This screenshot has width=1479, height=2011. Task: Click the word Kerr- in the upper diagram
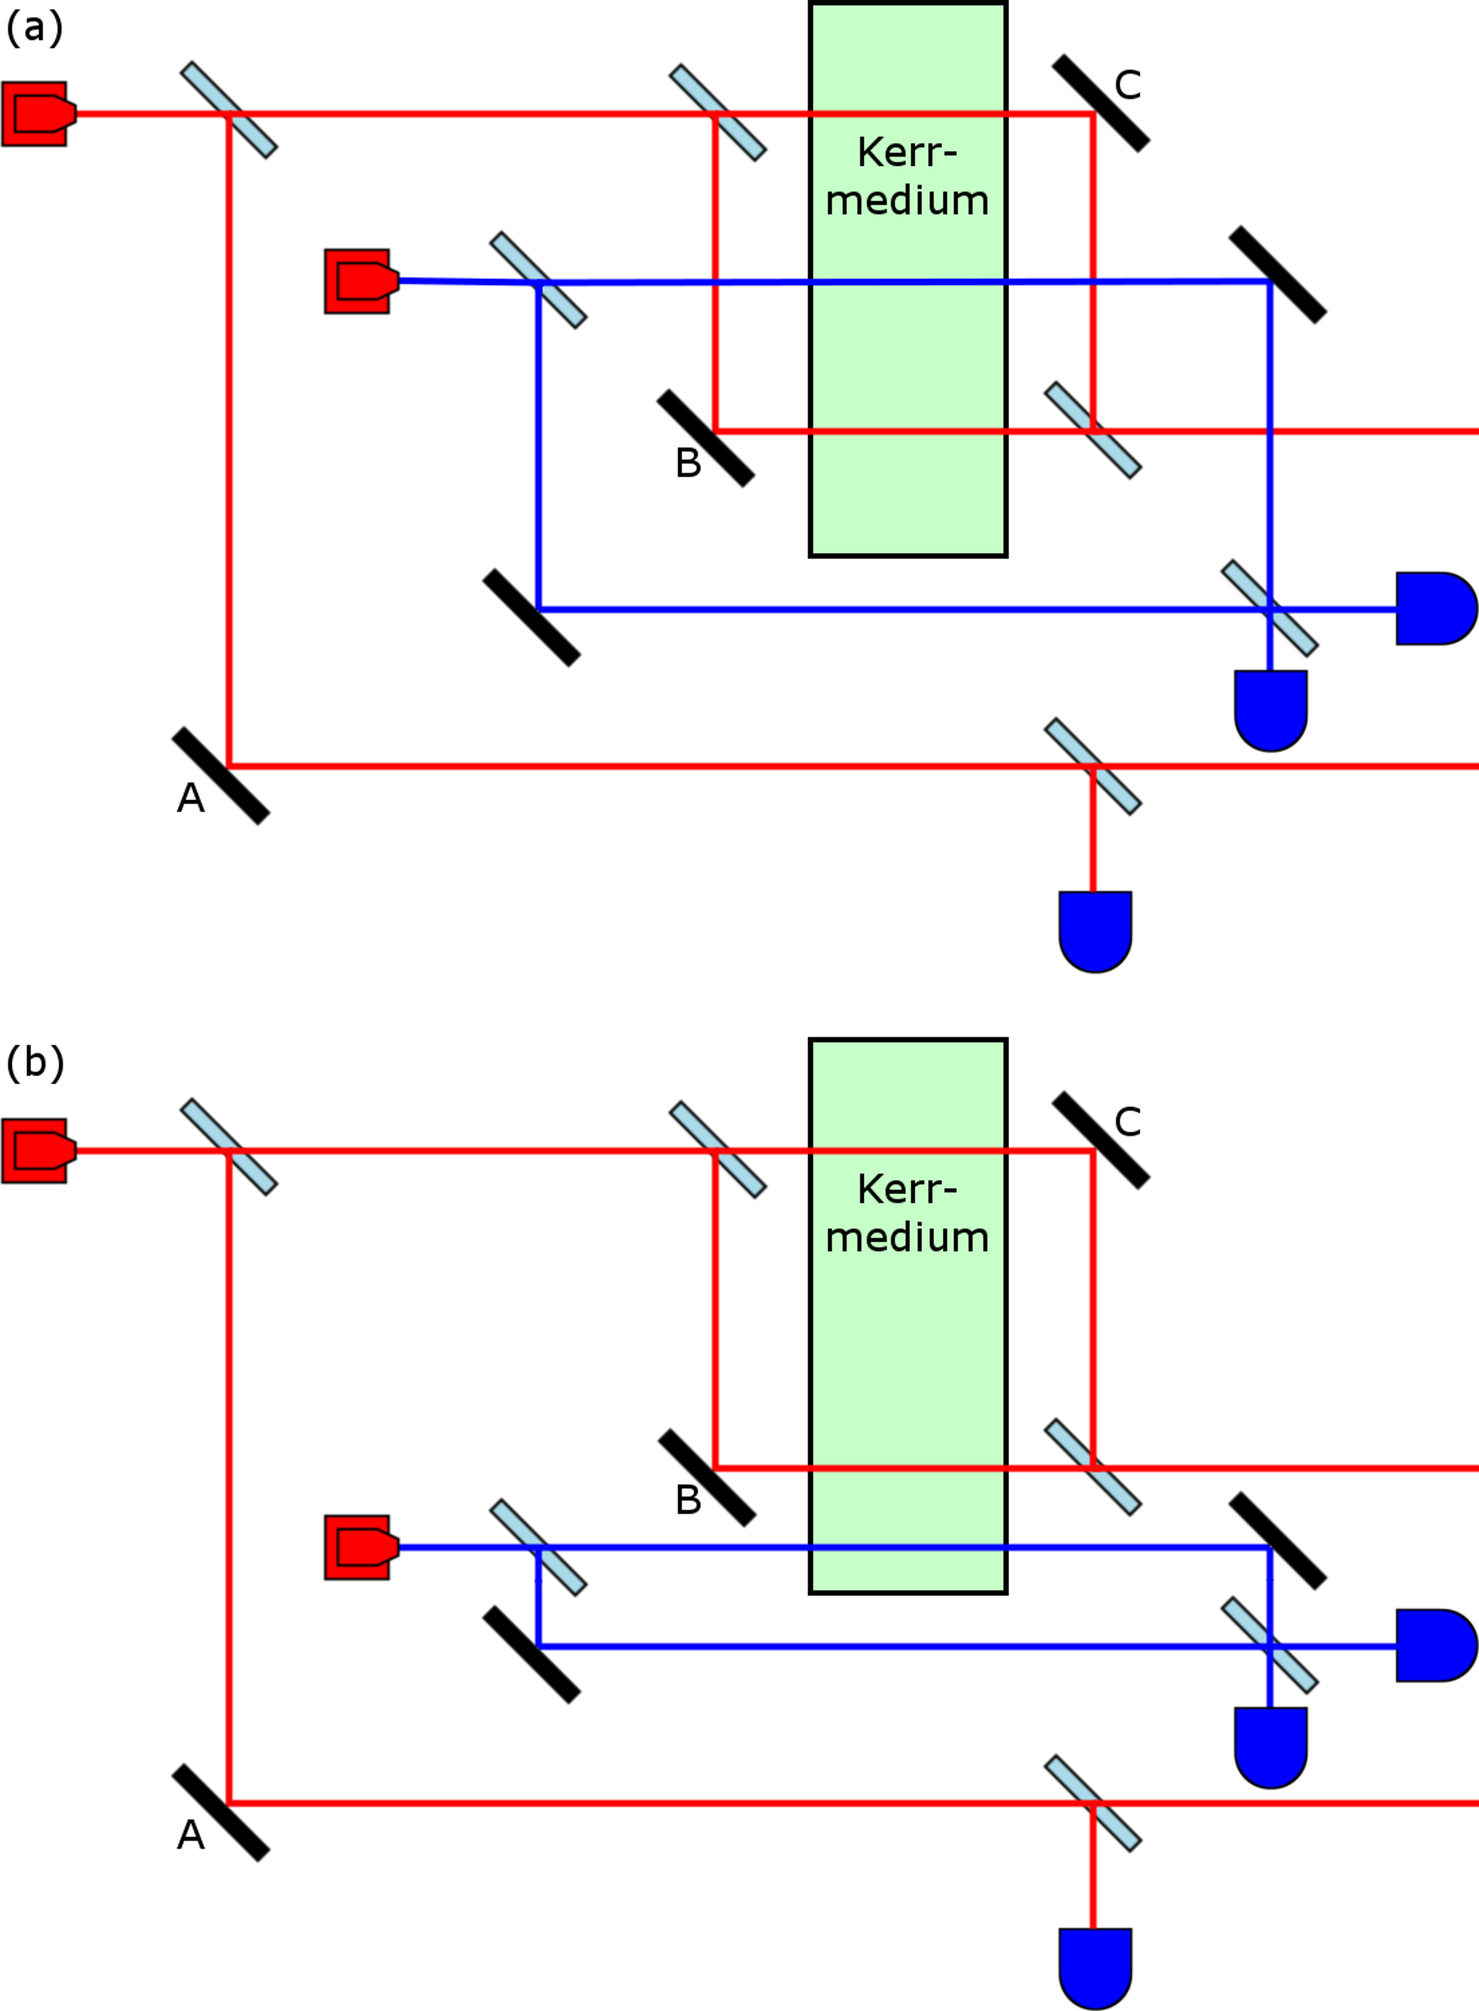point(907,153)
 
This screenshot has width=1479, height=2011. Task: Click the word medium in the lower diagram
point(907,1237)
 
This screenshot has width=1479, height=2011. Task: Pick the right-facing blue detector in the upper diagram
point(1433,609)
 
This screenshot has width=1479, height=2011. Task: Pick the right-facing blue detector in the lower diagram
point(1433,1646)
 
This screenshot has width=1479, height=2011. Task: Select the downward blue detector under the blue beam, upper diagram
point(1270,709)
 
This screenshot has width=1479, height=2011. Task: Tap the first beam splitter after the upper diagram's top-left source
point(229,110)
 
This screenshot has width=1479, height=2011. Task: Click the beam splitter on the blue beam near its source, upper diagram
point(538,280)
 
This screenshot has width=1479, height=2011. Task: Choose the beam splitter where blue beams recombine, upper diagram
point(1270,608)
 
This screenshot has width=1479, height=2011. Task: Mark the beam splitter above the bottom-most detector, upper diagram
point(1093,766)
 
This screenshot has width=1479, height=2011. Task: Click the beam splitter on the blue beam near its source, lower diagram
point(538,1547)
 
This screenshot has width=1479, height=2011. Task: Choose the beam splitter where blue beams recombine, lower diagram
point(1270,1645)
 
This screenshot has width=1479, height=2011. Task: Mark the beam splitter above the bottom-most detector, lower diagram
point(1093,1803)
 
